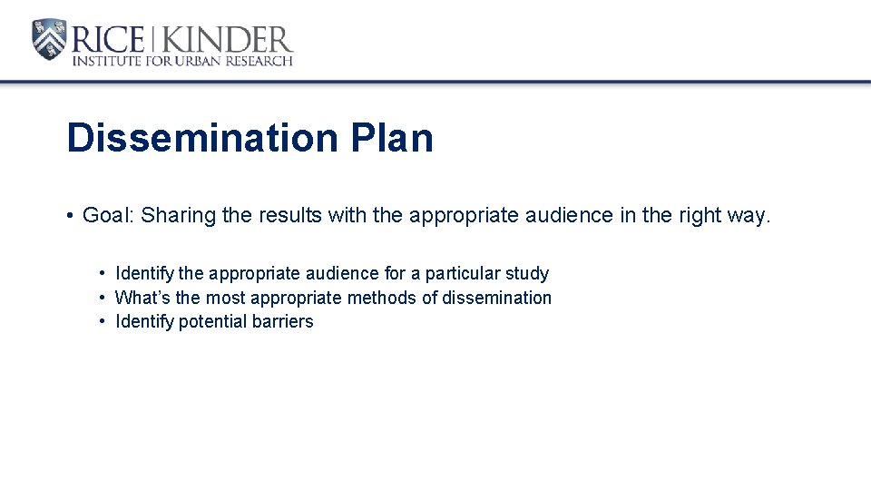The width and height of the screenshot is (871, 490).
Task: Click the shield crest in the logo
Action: pos(49,39)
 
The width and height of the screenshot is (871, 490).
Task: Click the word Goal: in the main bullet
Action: pos(108,215)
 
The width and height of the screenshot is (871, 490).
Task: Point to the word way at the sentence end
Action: pos(746,217)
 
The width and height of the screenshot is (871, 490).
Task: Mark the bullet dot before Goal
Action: pos(69,216)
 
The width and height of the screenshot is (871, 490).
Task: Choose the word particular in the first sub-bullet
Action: pos(460,273)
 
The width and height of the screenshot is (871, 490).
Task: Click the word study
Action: pos(526,273)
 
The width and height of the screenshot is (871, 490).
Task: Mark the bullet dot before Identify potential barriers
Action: pos(103,321)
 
